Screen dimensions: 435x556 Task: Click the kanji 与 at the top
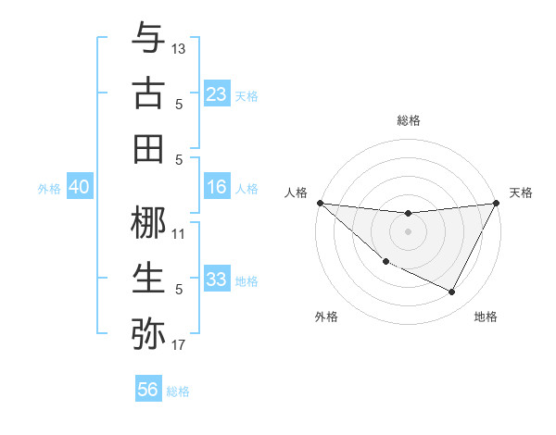pos(148,38)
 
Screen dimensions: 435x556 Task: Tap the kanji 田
pos(148,148)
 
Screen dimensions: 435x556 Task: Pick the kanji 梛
pos(148,222)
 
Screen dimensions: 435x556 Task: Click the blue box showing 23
pos(216,94)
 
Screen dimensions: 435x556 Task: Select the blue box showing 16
pos(216,187)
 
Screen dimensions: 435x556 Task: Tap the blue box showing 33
pos(216,280)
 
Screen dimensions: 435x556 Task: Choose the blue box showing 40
pos(79,187)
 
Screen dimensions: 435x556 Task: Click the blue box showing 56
pos(148,390)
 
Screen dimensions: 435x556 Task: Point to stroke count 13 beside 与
pos(179,48)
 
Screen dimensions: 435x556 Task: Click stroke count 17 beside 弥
pos(179,345)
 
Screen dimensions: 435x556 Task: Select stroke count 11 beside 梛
pos(179,233)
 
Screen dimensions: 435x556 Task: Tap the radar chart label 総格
pos(409,120)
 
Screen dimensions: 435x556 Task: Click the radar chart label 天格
pos(521,193)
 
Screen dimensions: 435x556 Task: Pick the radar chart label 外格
pos(326,317)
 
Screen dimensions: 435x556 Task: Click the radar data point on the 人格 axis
pos(320,203)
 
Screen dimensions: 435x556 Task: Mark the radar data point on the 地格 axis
pos(452,292)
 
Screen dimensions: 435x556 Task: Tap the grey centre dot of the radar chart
pos(408,231)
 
